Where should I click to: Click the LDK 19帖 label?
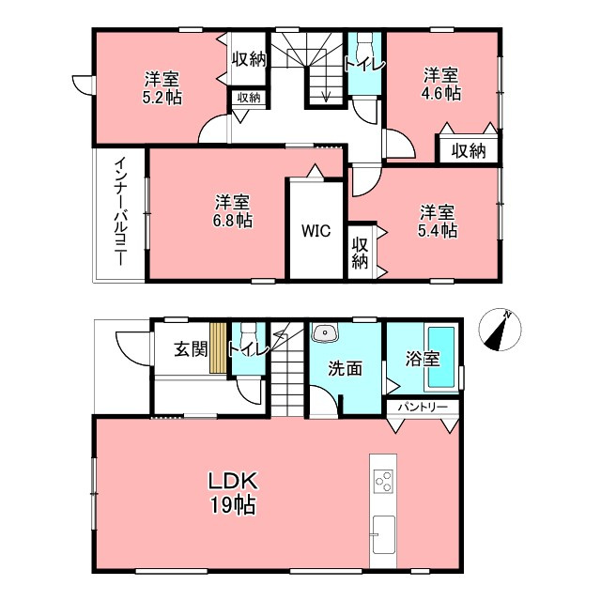coord(233,492)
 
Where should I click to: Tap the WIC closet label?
coord(316,231)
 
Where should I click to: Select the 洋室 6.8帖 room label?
coord(233,210)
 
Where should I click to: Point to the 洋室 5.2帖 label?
coord(162,87)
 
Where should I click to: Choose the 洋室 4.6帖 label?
coord(441,84)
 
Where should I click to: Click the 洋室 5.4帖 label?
coord(438,222)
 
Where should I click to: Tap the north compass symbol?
coord(500,330)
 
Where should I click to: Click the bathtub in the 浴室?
coord(441,357)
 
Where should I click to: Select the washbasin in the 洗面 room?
coord(325,332)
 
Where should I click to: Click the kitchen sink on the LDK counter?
coord(383,534)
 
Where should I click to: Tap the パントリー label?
coord(423,407)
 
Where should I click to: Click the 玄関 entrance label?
coord(191,349)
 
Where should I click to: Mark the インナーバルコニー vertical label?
coord(121,211)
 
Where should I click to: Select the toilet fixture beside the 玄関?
coord(249,336)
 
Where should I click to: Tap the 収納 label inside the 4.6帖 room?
coord(469,151)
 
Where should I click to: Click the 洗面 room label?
coord(345,368)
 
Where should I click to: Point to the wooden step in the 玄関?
coord(218,348)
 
